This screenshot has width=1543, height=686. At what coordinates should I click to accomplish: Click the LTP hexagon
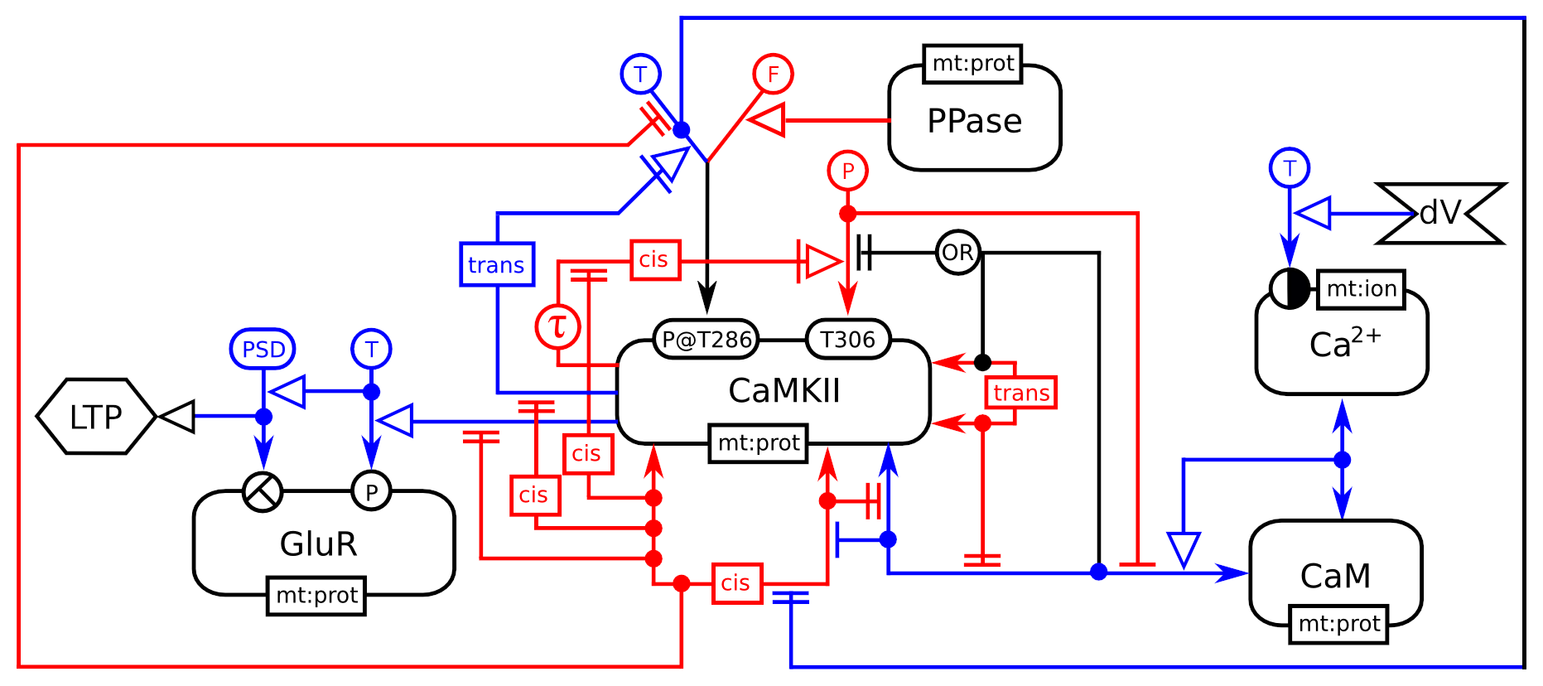tap(96, 417)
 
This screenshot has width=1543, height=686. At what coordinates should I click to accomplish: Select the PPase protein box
tap(974, 121)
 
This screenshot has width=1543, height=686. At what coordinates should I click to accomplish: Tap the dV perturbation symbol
tap(1440, 214)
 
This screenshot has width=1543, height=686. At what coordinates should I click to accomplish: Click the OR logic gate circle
tap(957, 253)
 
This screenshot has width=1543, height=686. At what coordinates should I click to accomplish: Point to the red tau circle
tap(558, 326)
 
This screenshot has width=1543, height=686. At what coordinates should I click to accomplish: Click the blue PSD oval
tap(263, 349)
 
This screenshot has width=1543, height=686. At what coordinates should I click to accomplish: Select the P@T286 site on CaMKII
tap(706, 339)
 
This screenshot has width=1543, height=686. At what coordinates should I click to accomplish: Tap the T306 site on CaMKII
tap(847, 339)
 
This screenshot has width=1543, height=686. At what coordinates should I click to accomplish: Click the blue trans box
tap(496, 264)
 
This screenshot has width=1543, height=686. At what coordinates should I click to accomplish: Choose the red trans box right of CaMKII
tap(1020, 393)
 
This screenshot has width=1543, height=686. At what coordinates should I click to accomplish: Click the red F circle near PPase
tap(773, 75)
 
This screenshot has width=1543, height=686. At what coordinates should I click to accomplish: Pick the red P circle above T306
tap(847, 171)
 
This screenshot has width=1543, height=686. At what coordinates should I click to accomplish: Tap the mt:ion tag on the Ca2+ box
tap(1361, 289)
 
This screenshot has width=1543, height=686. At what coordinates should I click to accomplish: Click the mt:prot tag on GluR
tap(316, 595)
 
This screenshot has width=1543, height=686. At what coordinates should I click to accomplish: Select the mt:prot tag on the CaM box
tap(1338, 623)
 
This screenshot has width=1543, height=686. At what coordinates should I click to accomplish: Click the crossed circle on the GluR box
tap(263, 492)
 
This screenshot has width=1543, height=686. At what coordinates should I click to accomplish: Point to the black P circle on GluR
tap(371, 491)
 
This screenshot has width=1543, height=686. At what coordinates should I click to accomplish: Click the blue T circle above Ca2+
tap(1289, 168)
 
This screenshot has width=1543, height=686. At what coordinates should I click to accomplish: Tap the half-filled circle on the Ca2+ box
tap(1289, 289)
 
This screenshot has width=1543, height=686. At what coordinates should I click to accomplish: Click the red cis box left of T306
tap(654, 260)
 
